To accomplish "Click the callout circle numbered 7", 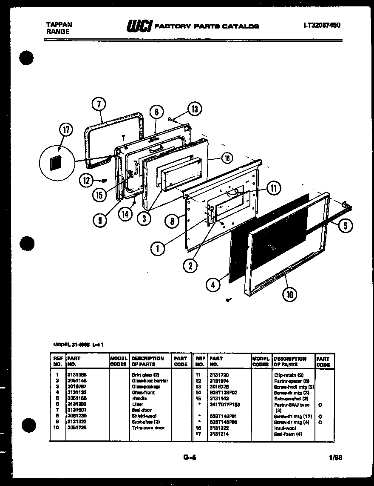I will (99, 104).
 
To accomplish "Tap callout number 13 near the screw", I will (194, 109).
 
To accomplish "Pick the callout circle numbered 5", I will (345, 226).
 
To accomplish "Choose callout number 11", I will (274, 187).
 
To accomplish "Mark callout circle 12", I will (87, 181).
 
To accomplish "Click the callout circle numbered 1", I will (158, 248).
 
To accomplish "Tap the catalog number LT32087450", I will (322, 25).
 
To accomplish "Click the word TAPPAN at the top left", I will (59, 25).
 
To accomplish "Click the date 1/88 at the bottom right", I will (335, 458).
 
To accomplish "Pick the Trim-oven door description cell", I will (148, 428).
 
